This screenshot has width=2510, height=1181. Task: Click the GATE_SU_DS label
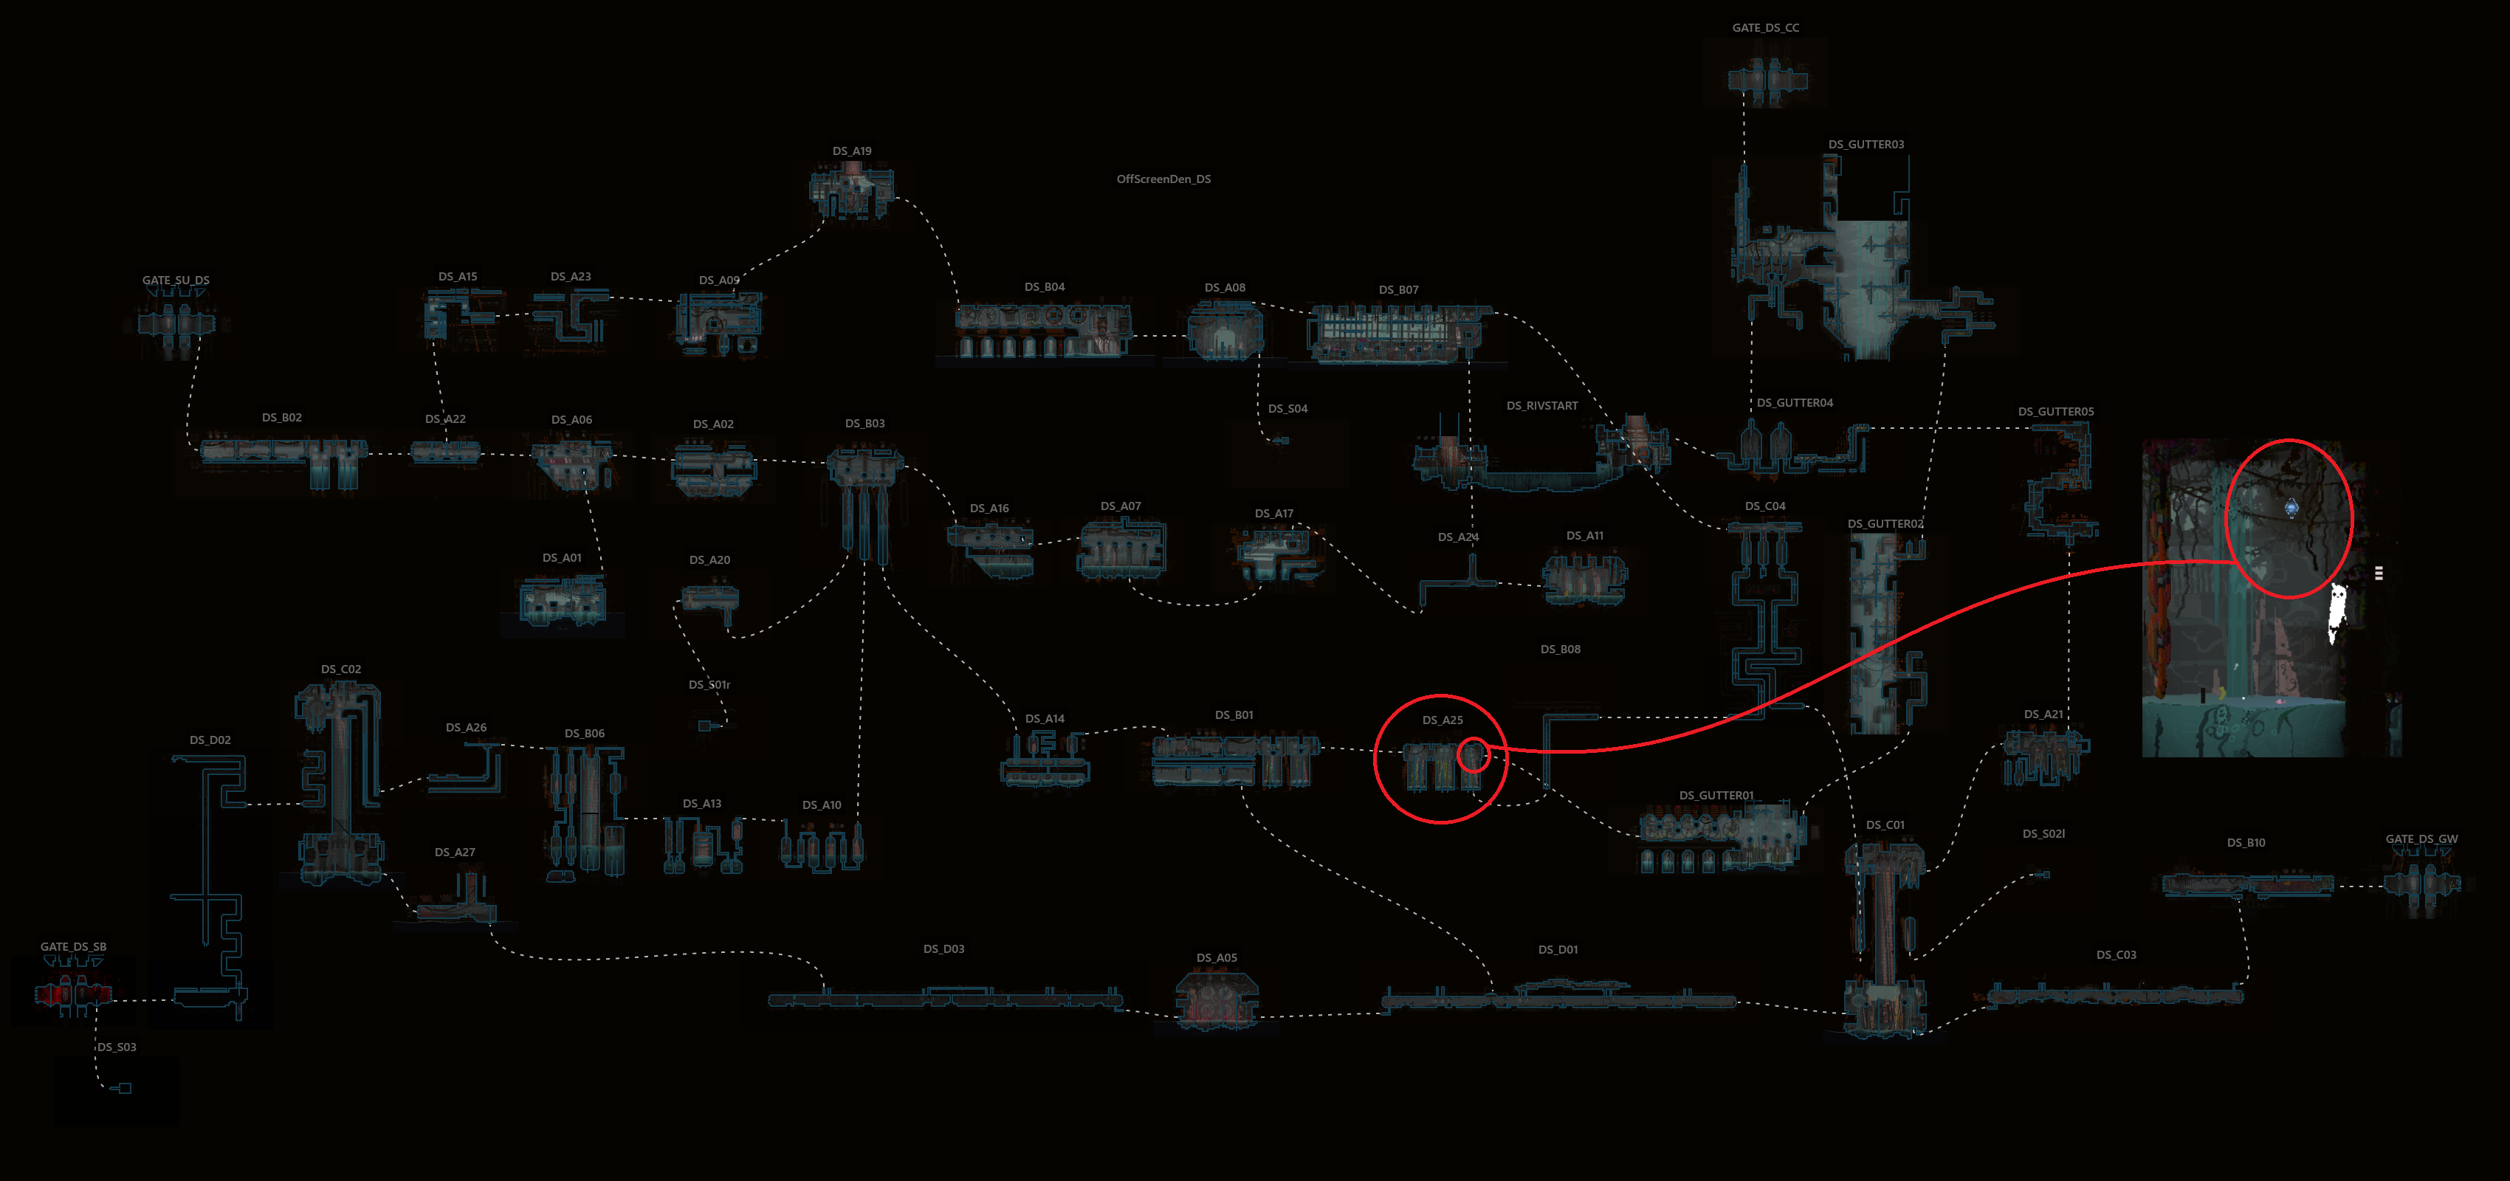[x=176, y=280]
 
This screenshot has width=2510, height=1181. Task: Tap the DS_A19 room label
[x=852, y=151]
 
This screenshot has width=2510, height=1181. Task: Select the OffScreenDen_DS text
[x=1163, y=179]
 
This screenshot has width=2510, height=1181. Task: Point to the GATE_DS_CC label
[x=1766, y=28]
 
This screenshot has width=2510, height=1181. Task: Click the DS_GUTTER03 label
[x=1866, y=144]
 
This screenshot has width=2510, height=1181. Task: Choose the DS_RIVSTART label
[x=1541, y=405]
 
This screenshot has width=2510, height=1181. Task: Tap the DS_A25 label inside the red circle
[x=1442, y=720]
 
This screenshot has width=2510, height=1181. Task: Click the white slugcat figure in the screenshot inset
[x=2337, y=612]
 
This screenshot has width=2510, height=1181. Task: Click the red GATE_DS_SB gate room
[x=73, y=994]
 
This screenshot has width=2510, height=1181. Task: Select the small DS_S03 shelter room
[x=123, y=1087]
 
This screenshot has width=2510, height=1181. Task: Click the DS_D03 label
[x=943, y=949]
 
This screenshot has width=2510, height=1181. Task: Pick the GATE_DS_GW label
[x=2421, y=839]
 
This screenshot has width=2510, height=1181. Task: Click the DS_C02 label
[x=341, y=669]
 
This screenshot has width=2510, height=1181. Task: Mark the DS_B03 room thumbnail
[x=864, y=502]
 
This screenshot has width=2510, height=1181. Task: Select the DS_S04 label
[x=1287, y=408]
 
